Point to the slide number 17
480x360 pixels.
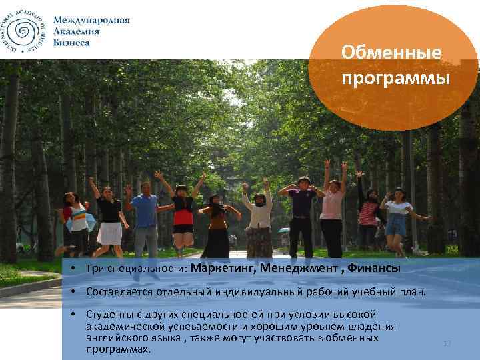click(x=447, y=343)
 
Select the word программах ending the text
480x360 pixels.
click(x=118, y=349)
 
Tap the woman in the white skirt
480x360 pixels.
click(x=109, y=220)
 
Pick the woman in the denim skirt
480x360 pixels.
click(x=397, y=217)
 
